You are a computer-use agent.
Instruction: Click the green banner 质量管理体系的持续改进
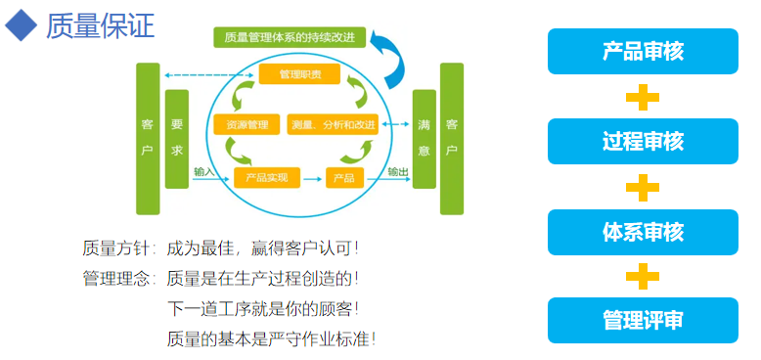(x=289, y=38)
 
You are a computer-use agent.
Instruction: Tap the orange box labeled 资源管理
(x=246, y=125)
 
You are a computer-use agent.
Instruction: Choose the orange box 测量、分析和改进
(x=334, y=125)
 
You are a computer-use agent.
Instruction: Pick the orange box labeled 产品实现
(x=265, y=177)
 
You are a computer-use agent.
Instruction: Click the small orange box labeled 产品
(x=344, y=177)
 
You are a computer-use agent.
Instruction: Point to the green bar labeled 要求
(x=176, y=138)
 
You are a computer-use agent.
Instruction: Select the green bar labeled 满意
(x=424, y=138)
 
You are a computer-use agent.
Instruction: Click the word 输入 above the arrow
(x=203, y=170)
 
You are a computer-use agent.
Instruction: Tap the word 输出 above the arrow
(x=397, y=170)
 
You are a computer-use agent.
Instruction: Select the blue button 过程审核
(x=643, y=141)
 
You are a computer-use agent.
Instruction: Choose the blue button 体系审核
(x=643, y=232)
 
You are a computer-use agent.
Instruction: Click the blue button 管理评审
(x=643, y=321)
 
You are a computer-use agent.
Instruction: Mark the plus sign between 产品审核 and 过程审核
(x=643, y=97)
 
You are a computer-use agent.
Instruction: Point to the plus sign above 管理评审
(x=643, y=276)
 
